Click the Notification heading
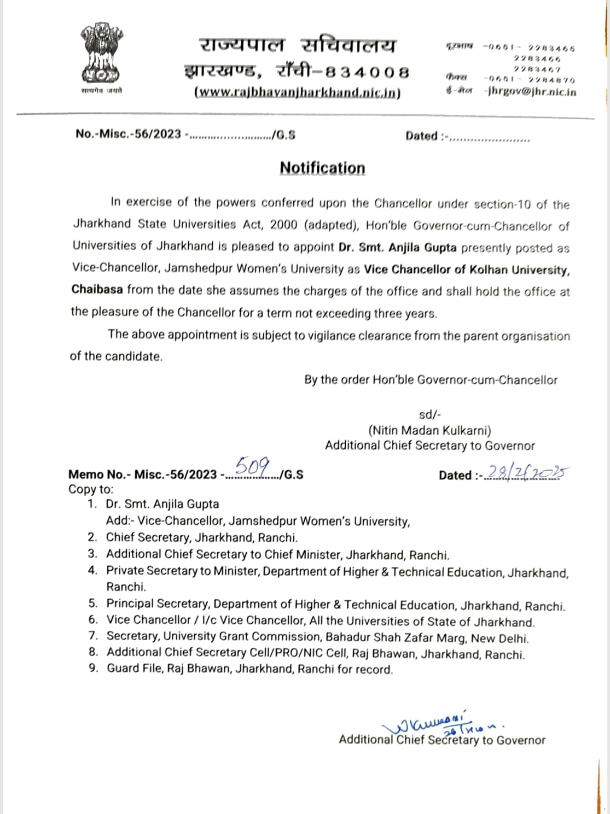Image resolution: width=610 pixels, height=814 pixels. point(322,168)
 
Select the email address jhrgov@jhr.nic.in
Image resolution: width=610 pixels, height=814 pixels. point(531,92)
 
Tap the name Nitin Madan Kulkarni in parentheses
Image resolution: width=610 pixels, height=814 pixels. point(429,430)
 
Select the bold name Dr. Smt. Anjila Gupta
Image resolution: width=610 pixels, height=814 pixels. point(397,247)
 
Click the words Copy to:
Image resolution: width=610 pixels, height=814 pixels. point(91,489)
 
